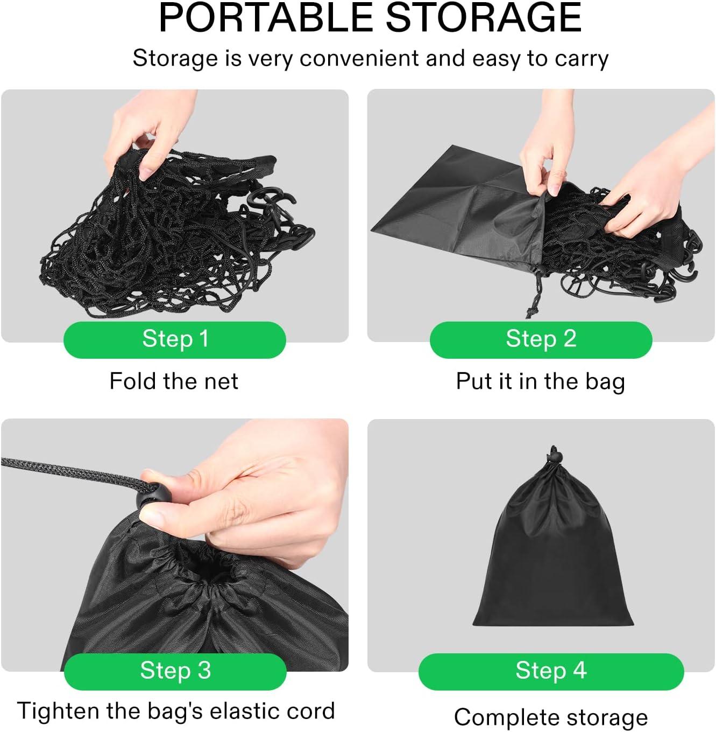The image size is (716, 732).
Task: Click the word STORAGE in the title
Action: pos(484,17)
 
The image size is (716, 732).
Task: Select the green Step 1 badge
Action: pos(175,339)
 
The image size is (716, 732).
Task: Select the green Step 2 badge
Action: pos(541,339)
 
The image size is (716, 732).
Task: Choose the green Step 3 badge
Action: pos(175,671)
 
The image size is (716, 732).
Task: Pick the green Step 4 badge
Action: pos(551,671)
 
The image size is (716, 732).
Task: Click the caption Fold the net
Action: pos(174,381)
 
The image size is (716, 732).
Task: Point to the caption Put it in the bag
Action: pos(540,381)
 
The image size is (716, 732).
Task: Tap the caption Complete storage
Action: pos(551,717)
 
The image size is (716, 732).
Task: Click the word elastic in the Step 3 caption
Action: pos(244,711)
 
